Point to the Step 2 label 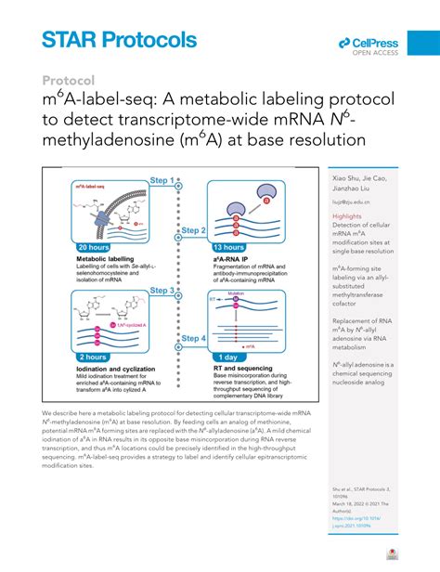click(192, 229)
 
